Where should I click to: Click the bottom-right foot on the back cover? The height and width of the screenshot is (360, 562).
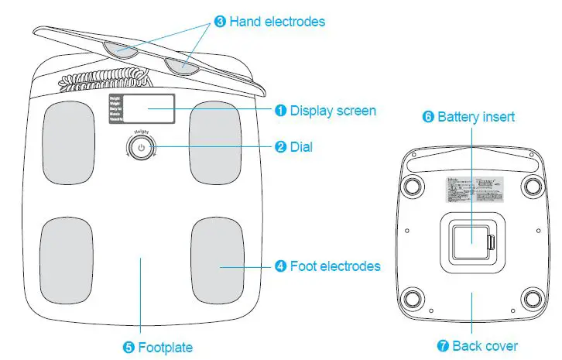(533, 298)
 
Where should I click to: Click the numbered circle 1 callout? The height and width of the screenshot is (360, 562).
(282, 111)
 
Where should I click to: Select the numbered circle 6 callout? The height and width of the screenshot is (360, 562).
(428, 118)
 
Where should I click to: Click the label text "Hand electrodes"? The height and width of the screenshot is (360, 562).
(278, 22)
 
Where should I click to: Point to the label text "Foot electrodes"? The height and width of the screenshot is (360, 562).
(335, 266)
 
